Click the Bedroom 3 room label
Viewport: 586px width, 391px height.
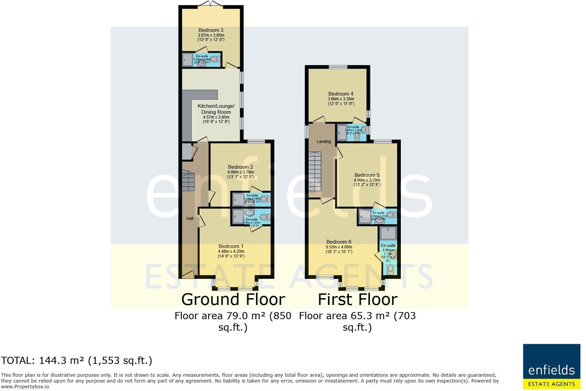pyautogui.click(x=211, y=30)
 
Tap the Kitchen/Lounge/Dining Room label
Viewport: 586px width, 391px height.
pyautogui.click(x=216, y=109)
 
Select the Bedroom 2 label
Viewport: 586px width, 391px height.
pyautogui.click(x=240, y=167)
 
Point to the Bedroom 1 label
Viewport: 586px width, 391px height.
pyautogui.click(x=231, y=246)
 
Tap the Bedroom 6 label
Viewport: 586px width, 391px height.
pyautogui.click(x=339, y=242)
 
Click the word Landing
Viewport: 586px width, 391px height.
pyautogui.click(x=324, y=142)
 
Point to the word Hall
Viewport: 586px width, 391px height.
pyautogui.click(x=190, y=219)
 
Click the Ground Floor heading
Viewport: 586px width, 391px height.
pyautogui.click(x=233, y=300)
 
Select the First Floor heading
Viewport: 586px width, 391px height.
pyautogui.click(x=357, y=300)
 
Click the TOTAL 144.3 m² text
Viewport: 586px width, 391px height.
pyautogui.click(x=77, y=361)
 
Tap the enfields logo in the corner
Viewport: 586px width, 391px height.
pyautogui.click(x=551, y=367)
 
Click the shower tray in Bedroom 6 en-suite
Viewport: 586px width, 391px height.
pyautogui.click(x=388, y=234)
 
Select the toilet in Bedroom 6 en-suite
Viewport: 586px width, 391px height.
pyautogui.click(x=391, y=269)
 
